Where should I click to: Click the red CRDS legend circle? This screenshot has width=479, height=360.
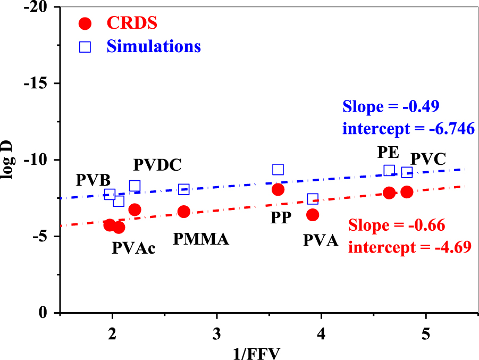(85, 23)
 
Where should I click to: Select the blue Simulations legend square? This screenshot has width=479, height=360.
(85, 47)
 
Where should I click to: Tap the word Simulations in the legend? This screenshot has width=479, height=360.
(154, 46)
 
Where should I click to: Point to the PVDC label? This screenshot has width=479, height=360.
(157, 165)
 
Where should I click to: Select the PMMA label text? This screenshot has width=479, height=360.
(201, 239)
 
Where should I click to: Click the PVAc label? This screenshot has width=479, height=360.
(133, 248)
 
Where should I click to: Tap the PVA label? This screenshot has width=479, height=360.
(321, 240)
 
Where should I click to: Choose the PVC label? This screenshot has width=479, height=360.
(428, 158)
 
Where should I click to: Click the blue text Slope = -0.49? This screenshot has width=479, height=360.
(391, 106)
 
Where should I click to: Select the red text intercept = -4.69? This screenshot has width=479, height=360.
(404, 247)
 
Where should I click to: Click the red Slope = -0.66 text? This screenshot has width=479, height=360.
(397, 225)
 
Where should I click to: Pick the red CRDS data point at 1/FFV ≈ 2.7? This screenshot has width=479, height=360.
(184, 212)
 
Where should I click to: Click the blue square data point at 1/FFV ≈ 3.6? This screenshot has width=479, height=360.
(278, 170)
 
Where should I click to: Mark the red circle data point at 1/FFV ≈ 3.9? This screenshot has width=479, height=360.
(313, 215)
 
